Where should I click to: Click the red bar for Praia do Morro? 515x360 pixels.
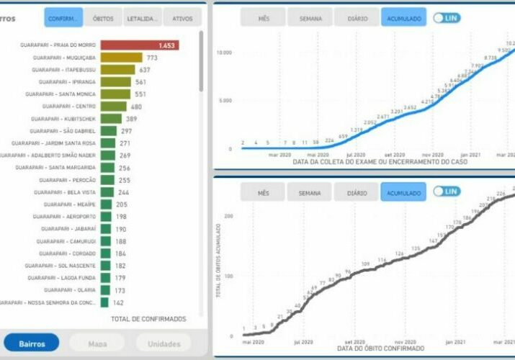coord(140,45)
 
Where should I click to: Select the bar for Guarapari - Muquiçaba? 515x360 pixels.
coord(121,58)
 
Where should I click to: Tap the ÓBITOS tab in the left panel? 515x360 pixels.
coord(103,18)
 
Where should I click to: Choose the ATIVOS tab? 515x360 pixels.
coord(182,18)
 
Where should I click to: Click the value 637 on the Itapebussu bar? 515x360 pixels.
coord(145,70)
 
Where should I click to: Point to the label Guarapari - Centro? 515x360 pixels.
coord(71,106)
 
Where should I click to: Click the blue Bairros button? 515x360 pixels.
coord(32,343)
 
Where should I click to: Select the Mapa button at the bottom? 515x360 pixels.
coord(97,343)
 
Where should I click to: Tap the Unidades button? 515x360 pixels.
coord(164,343)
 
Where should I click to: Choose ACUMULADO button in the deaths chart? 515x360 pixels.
coord(403,192)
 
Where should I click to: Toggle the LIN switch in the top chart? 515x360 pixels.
coord(447,17)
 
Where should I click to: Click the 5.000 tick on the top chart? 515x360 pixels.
coord(225,101)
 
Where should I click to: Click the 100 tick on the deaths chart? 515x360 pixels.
coord(228,276)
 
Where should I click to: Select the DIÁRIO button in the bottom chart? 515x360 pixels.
coord(357,192)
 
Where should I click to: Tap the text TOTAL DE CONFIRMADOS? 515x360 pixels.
coord(148,318)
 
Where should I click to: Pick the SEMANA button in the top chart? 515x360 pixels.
coord(310,18)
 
